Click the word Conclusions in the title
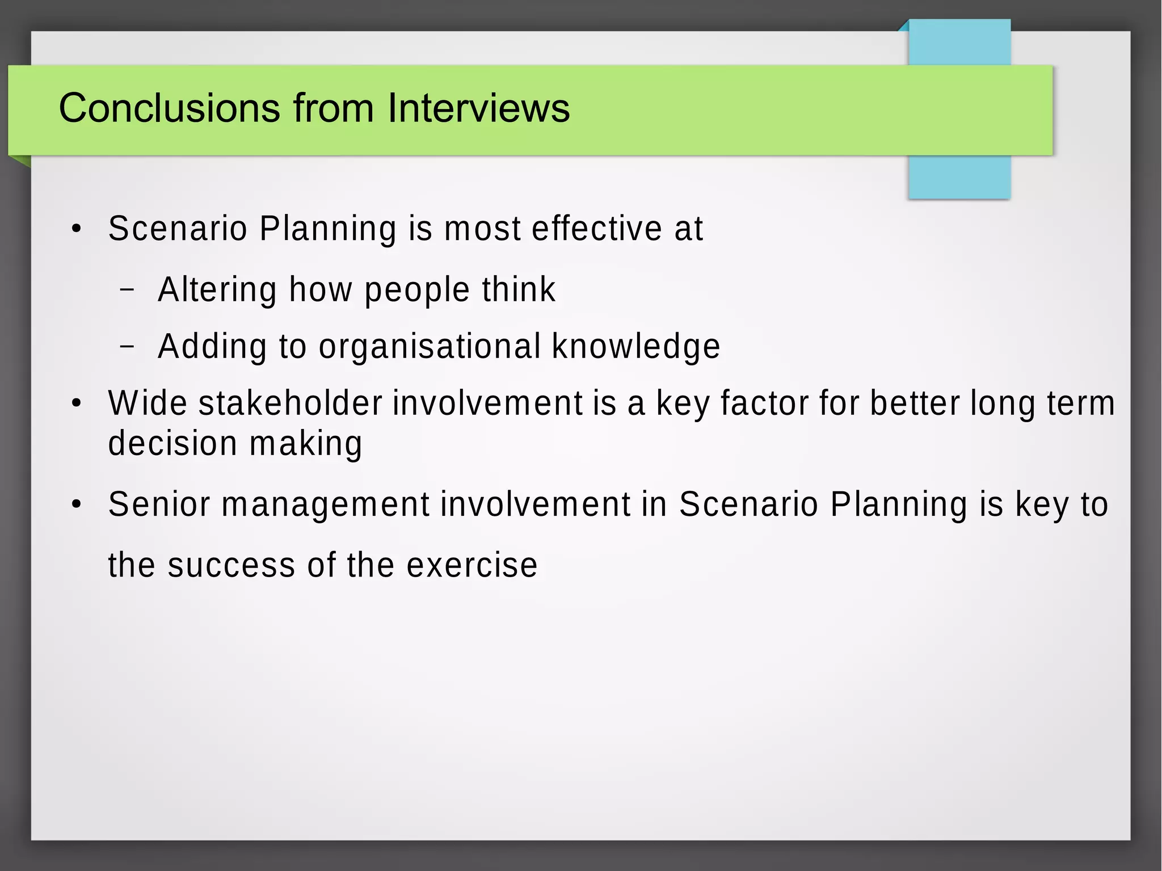[x=169, y=108]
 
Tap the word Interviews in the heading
[x=478, y=108]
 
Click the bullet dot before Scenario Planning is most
[x=77, y=229]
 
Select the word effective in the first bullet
[x=597, y=229]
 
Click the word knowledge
[x=636, y=347]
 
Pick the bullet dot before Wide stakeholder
[x=77, y=403]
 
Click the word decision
[x=172, y=443]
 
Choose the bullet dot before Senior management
[x=77, y=504]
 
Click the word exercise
[x=472, y=565]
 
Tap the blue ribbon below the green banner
[x=959, y=176]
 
